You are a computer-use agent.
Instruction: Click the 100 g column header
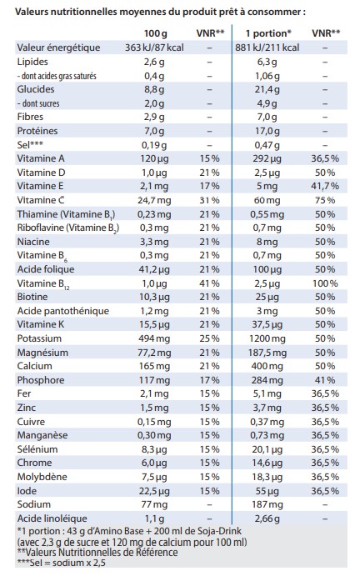coord(155,34)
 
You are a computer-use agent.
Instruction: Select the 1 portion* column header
coord(268,33)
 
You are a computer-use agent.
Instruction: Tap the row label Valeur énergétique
coord(58,48)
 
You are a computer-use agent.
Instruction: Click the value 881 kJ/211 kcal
coord(267,48)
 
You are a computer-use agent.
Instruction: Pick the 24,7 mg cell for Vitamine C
coord(154,201)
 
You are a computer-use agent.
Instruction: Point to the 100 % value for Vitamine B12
coord(325,283)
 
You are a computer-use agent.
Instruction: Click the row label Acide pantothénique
coord(63,311)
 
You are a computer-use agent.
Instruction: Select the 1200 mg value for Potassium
coord(267,338)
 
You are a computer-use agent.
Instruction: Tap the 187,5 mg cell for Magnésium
coord(267,353)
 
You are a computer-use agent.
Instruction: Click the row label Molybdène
coord(42,477)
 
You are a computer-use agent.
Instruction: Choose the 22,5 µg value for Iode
coord(154,491)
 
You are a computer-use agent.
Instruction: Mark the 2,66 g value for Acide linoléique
coord(267,518)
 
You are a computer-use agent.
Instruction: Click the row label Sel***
coord(30,144)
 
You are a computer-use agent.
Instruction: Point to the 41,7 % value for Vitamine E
coord(325,186)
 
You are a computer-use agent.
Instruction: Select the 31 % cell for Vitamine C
coord(210,201)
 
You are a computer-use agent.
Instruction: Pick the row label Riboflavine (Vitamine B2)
coord(68,228)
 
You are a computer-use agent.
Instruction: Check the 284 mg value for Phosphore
coord(267,380)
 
